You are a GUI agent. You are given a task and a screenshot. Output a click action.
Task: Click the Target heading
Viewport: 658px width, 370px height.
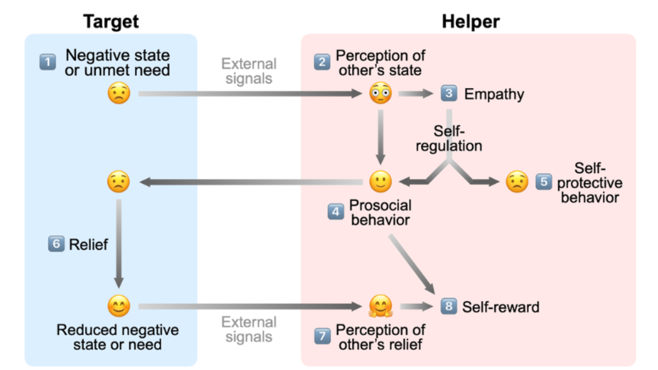111,21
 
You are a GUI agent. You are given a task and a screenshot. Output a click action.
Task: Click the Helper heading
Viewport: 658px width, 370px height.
470,21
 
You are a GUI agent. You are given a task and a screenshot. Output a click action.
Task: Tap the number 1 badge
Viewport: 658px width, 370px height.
48,62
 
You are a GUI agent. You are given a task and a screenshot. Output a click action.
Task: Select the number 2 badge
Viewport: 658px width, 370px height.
322,62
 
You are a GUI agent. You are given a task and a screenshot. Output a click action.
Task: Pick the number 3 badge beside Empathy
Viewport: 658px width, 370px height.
449,93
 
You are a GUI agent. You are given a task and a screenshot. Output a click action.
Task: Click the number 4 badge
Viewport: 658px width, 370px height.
336,212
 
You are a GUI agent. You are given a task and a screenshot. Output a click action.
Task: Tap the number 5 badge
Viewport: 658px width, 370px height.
543,182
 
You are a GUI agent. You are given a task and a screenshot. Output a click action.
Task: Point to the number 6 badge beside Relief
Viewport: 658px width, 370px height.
56,244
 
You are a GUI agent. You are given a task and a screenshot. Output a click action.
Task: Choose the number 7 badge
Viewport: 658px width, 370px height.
322,336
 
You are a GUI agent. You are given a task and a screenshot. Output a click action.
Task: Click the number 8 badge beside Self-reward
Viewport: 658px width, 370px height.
448,306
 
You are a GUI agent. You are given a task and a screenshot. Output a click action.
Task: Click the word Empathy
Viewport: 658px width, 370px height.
494,94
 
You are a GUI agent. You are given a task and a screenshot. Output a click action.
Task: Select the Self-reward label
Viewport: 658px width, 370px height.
500,307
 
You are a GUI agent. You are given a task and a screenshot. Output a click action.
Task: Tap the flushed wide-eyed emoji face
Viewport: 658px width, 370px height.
380,93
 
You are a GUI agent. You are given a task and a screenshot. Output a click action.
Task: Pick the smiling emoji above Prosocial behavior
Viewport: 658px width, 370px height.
380,182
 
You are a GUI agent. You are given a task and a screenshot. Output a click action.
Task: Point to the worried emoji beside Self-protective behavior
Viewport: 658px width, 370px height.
517,182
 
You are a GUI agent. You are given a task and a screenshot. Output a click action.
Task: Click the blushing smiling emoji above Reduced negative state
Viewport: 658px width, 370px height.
119,306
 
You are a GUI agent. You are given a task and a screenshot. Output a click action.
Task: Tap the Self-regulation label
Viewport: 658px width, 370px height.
449,139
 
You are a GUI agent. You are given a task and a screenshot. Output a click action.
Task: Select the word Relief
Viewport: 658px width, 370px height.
88,245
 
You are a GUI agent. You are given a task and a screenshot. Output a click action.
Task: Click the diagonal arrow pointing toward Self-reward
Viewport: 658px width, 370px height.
411,264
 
